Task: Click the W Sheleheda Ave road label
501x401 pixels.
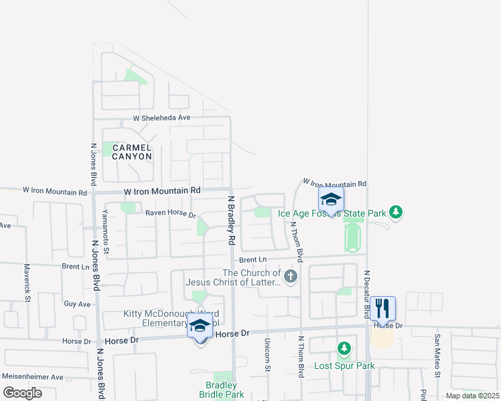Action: coord(161,118)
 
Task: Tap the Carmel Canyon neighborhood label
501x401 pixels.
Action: coord(132,152)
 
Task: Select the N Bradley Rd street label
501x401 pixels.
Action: coord(232,220)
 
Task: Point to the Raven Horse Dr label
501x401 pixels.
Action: coord(171,215)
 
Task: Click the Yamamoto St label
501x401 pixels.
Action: coord(106,230)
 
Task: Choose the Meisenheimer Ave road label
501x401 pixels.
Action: coord(31,377)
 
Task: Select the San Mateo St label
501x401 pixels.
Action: coord(437,356)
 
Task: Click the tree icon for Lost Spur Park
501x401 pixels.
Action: coord(344,349)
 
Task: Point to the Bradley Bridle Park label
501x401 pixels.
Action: coord(221,390)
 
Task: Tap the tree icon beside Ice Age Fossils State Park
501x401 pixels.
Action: coord(396,212)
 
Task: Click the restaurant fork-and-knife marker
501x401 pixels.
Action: coord(382,308)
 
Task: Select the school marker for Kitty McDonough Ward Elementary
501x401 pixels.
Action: coord(200,327)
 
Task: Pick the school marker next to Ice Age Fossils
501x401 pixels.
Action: coord(331,199)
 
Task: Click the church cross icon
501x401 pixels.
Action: coord(290,277)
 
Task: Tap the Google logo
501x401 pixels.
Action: coord(22,393)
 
